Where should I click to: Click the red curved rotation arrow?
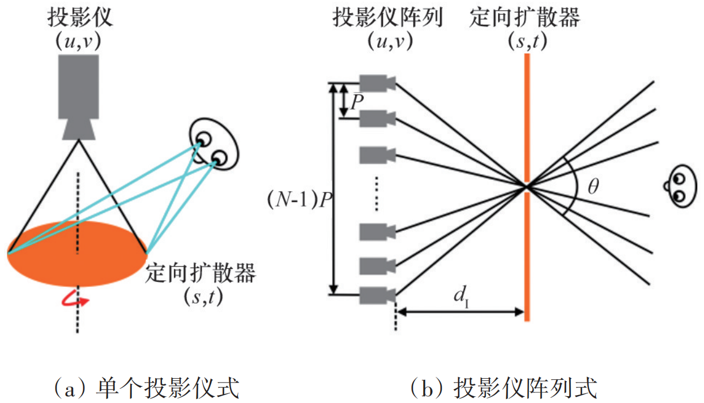point(76,299)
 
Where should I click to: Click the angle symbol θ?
point(592,187)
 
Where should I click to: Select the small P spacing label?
point(357,102)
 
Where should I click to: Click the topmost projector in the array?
point(376,83)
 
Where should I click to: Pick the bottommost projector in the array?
point(376,294)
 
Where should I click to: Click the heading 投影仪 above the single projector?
point(80,18)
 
